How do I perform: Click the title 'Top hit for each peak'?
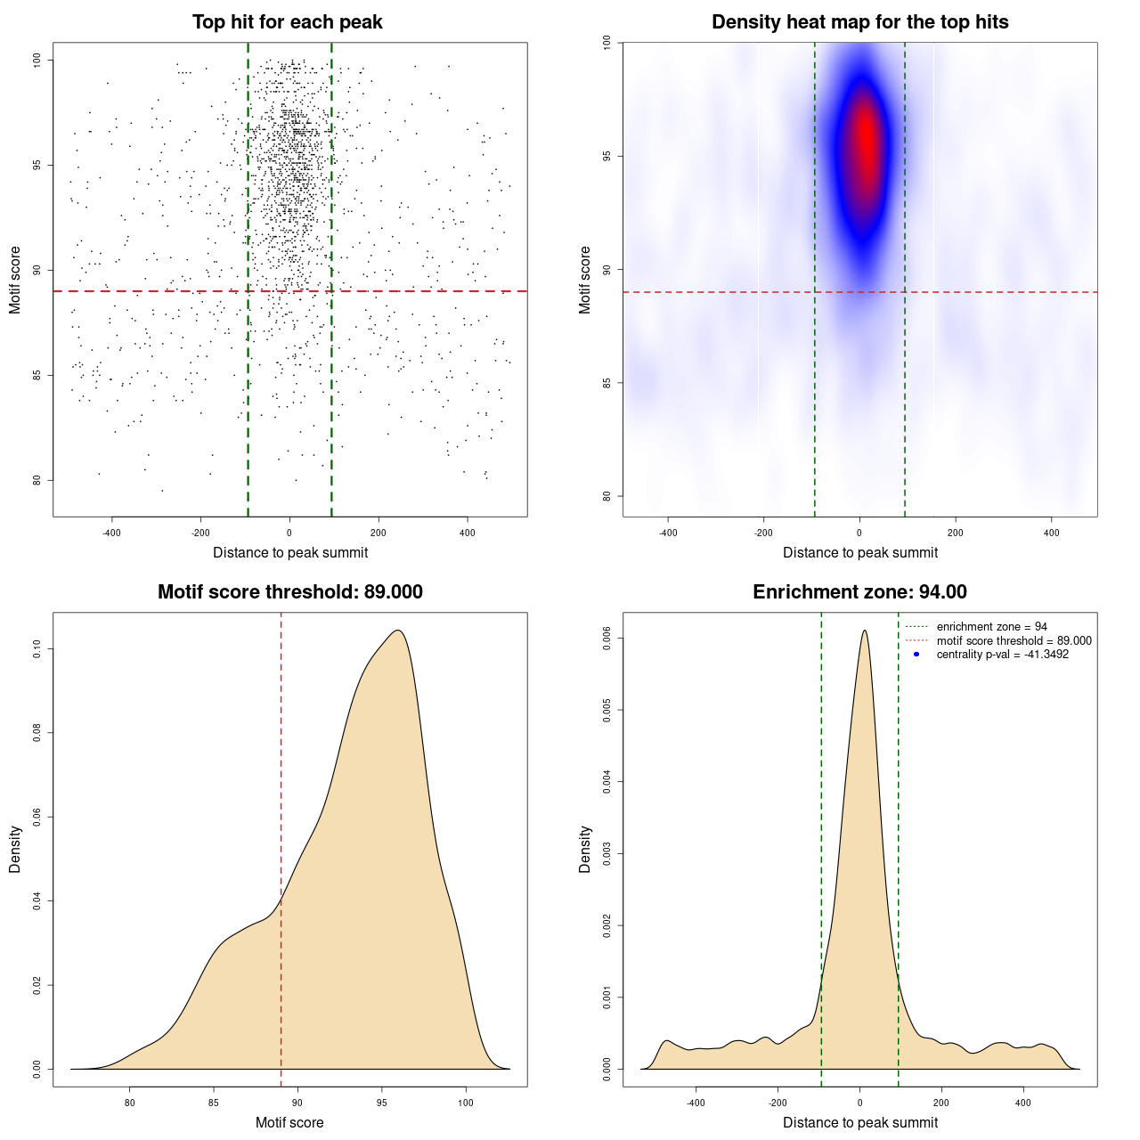tap(287, 22)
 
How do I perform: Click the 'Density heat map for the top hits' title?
tap(859, 22)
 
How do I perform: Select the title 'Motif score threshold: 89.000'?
tap(289, 592)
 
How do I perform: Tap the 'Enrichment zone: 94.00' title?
tap(859, 592)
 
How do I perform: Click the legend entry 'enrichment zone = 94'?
tap(991, 627)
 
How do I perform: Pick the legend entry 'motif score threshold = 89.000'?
tap(1014, 640)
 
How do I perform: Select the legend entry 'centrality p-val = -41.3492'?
tap(1002, 655)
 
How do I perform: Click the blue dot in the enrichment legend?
tap(916, 655)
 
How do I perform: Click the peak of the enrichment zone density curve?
tap(864, 631)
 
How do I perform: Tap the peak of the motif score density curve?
tap(398, 631)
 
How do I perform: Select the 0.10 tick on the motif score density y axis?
tap(37, 649)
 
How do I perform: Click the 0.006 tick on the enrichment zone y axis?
tap(607, 639)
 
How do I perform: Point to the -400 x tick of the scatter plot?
tap(111, 533)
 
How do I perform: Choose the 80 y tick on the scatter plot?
tap(37, 480)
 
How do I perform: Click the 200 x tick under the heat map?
tap(956, 533)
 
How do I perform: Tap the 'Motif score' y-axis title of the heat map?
tap(585, 280)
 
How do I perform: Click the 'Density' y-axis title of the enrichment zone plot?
tap(585, 849)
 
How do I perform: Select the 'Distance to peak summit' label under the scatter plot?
tap(290, 553)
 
